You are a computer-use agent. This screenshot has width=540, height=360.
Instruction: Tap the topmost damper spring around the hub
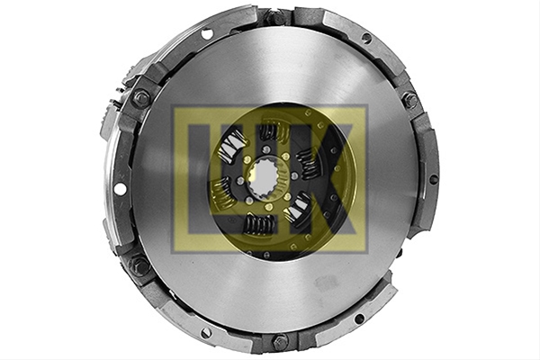click(272, 131)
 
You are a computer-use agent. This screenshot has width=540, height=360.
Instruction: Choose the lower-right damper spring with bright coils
click(298, 208)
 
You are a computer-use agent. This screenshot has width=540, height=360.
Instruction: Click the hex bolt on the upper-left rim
click(141, 95)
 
